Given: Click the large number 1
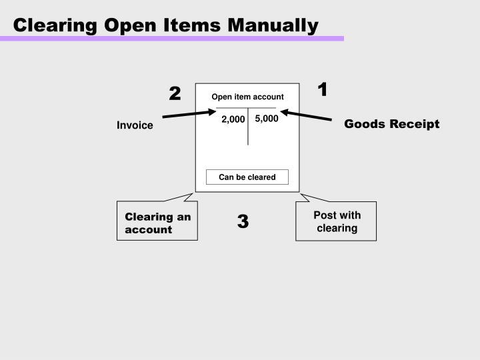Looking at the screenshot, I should point(323,89).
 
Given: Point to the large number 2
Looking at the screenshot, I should point(175,93).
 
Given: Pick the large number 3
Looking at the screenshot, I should point(243,221).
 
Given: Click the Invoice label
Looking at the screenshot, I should point(135,125).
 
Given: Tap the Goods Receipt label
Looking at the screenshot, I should point(391,124).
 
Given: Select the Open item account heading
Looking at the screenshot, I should point(247,97).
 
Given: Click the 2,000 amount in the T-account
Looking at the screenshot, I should point(233,119).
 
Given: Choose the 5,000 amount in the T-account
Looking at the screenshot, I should point(266,119).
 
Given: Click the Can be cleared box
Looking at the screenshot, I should point(247,177).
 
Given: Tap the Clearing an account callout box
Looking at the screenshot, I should point(157,223).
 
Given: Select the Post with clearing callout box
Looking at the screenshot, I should point(337,221).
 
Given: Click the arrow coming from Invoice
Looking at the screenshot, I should point(189,114).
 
